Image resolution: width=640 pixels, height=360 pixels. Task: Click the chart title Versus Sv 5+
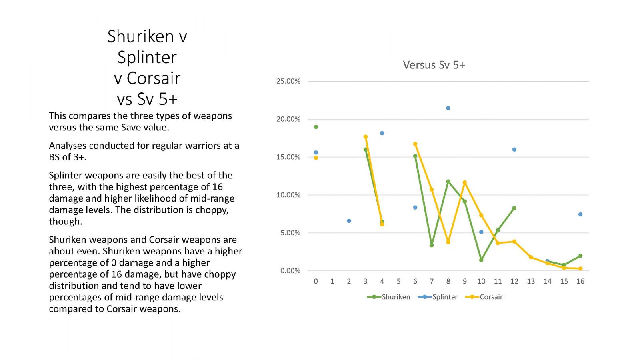click(434, 65)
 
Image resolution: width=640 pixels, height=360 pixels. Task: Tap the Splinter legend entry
click(438, 297)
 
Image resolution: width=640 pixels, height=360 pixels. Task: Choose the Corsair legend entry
click(484, 297)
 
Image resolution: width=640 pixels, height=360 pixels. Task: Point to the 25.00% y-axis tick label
click(288, 81)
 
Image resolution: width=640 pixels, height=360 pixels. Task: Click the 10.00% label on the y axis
click(288, 195)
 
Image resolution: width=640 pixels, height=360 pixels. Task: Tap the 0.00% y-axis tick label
click(290, 270)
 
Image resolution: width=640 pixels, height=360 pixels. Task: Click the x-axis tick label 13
click(531, 282)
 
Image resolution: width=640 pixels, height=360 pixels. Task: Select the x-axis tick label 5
click(398, 282)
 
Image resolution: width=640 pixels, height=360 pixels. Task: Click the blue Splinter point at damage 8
click(448, 108)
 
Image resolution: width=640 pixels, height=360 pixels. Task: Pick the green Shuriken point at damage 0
click(316, 127)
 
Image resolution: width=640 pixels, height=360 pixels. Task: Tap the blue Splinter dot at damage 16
click(580, 214)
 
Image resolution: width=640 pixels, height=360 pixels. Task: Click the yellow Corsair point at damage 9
click(465, 182)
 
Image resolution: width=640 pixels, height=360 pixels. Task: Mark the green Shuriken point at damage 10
click(482, 260)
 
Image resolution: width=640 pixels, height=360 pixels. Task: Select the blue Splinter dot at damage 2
click(349, 221)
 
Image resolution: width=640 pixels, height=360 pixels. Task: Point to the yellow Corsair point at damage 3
click(366, 137)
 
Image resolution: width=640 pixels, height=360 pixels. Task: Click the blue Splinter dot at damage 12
click(514, 150)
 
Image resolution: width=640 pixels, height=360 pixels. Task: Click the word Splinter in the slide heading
click(147, 58)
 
